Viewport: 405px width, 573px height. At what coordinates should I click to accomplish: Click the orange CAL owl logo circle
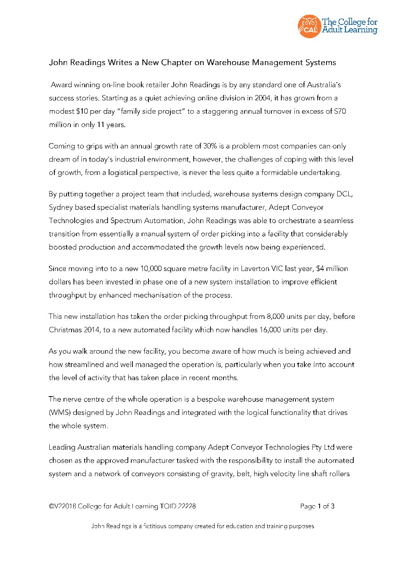(309, 26)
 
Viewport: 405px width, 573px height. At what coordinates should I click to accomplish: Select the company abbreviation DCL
(344, 194)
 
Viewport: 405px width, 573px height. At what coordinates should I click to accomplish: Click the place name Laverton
(255, 269)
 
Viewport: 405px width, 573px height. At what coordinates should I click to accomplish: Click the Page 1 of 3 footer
(317, 506)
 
